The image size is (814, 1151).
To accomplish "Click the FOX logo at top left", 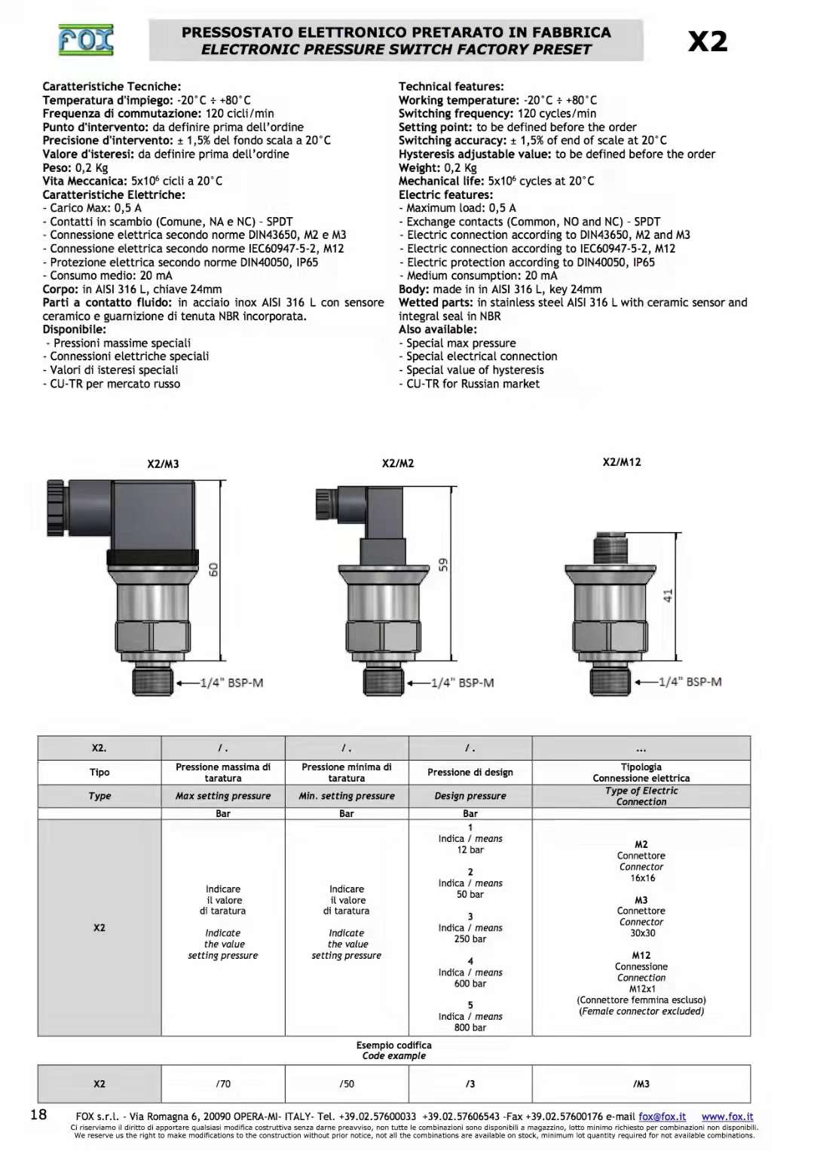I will [86, 40].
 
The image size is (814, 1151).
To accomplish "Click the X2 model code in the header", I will [708, 41].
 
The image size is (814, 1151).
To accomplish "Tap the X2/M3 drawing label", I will [163, 464].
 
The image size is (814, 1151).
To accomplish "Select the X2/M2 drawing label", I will [398, 463].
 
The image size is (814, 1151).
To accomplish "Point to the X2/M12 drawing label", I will [622, 462].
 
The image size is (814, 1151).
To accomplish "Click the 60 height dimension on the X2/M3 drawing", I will [213, 570].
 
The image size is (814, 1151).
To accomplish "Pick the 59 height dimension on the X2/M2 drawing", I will [444, 564].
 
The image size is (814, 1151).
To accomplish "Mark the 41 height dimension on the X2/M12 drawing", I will [668, 595].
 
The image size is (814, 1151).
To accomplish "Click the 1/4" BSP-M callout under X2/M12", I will [690, 681].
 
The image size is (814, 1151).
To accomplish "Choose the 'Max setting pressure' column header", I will [223, 796].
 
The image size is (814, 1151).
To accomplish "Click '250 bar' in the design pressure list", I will [470, 939].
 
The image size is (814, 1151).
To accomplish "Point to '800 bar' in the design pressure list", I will [470, 1027].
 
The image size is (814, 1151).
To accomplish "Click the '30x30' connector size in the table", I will [642, 933].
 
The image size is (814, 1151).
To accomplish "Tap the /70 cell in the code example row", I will [223, 1084].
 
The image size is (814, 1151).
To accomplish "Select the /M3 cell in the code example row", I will [641, 1084].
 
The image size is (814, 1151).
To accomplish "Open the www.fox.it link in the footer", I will [727, 1116].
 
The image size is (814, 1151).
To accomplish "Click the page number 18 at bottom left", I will [38, 1115].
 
